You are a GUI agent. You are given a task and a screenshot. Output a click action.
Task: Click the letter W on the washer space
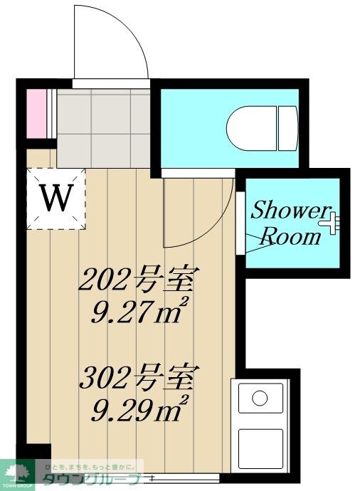(x=55, y=199)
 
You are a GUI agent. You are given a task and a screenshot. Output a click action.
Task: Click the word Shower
(x=289, y=211)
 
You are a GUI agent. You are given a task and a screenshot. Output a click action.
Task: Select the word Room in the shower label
(x=292, y=237)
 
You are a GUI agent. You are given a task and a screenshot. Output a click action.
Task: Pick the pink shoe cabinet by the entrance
(x=36, y=112)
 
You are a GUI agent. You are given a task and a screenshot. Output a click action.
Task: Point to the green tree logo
(x=18, y=469)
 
